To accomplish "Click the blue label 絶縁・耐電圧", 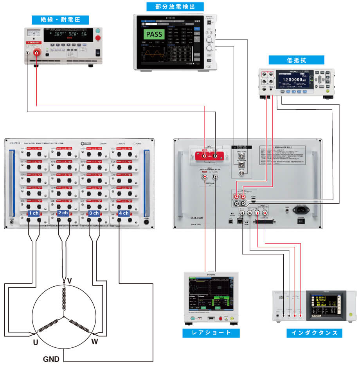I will (x=59, y=20).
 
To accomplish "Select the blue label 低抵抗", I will (x=296, y=60).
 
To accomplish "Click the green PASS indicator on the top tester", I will (x=154, y=34).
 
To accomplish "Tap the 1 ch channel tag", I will (x=33, y=213).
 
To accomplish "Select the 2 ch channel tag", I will (x=63, y=213).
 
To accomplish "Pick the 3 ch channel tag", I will (x=94, y=213).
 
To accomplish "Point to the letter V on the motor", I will (x=69, y=280).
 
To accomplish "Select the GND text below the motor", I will (x=51, y=359).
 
